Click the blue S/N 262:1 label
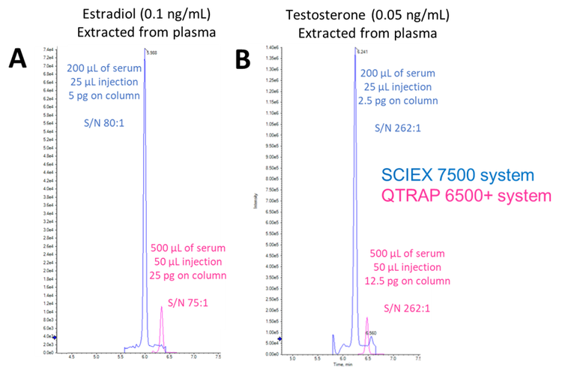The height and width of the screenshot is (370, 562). [x=396, y=128]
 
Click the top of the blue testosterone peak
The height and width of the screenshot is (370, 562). [x=355, y=48]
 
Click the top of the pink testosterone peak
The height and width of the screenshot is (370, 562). [x=367, y=318]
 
